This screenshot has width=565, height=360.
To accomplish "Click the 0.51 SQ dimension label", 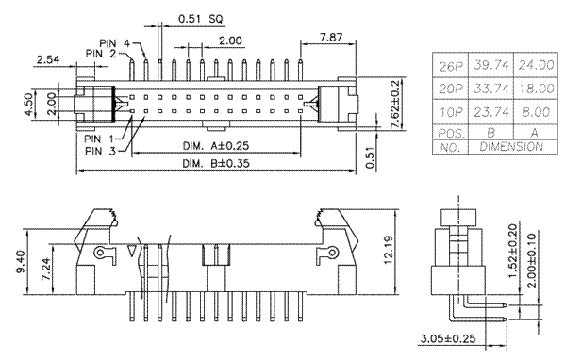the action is point(201,19).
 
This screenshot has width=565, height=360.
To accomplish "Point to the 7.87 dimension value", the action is point(331,37).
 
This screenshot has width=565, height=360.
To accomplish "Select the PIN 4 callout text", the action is point(114,43).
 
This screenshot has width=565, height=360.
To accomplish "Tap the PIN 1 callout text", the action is point(99,139).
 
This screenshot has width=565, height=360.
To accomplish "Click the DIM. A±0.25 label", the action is point(216,146).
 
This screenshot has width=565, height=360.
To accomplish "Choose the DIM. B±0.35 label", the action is point(216,163).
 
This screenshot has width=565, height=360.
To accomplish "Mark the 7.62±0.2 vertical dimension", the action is point(395,104).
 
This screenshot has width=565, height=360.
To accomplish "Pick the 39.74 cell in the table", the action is point(491,65).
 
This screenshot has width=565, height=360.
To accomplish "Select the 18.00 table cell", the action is point(536,89).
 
